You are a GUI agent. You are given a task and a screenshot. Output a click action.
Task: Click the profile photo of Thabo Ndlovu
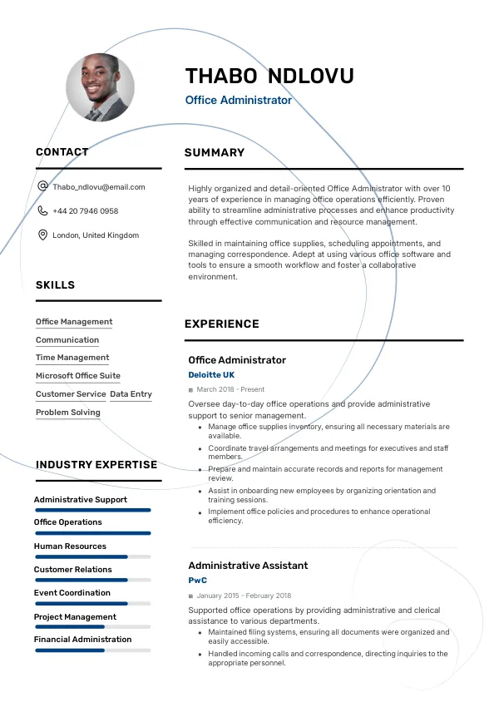coord(101,87)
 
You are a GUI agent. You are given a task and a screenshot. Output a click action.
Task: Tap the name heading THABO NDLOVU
coord(269,77)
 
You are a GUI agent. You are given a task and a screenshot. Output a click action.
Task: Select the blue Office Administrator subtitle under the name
coord(239,100)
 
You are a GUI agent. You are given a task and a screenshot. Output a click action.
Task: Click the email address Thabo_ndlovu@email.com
coord(99,187)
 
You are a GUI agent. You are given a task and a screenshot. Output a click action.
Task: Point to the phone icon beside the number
coord(43,211)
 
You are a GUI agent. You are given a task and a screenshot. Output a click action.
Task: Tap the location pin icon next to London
coord(43,235)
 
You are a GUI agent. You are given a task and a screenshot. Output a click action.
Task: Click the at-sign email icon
coord(43,187)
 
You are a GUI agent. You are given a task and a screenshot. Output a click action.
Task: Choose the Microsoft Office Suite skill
coord(78,376)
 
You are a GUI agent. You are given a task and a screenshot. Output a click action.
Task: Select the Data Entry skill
coord(131,394)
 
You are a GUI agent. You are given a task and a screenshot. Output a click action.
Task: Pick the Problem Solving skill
coord(68,413)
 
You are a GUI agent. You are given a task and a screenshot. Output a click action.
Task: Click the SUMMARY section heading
coord(215,153)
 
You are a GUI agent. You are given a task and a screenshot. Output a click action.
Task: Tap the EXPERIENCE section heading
coord(222,324)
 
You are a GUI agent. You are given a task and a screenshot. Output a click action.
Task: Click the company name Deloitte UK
coord(211,375)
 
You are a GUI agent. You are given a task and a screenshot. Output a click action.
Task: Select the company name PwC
coord(197,581)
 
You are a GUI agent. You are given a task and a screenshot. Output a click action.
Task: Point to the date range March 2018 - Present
coord(230,389)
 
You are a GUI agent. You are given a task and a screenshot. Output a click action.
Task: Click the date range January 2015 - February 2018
coord(244,596)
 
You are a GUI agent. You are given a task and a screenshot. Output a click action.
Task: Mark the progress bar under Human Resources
coord(92,556)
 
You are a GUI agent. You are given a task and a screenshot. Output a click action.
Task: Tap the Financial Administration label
coord(83,640)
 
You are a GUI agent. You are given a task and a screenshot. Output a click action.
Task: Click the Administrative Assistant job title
coord(248,566)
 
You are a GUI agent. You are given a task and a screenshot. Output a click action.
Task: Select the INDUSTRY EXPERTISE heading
coord(96,465)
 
